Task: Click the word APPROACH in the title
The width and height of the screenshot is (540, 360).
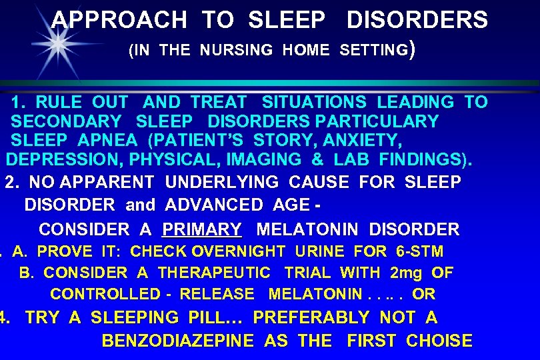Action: pos(119,20)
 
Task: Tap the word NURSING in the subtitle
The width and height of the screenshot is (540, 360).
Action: pos(237,50)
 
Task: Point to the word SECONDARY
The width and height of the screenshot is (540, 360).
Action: pos(66,122)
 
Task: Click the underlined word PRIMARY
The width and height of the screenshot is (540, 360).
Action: pos(202,230)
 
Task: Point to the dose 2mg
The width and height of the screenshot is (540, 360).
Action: pos(406,273)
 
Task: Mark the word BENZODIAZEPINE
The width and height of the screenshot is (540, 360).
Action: pos(178,341)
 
